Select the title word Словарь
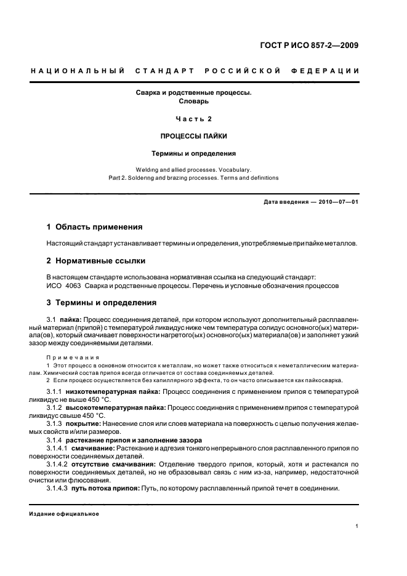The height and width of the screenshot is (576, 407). click(x=194, y=100)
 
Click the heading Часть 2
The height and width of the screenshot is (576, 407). click(x=194, y=118)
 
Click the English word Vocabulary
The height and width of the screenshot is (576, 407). click(x=230, y=169)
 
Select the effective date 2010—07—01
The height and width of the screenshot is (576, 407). click(x=337, y=202)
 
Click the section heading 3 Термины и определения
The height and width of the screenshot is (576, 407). click(x=102, y=303)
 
